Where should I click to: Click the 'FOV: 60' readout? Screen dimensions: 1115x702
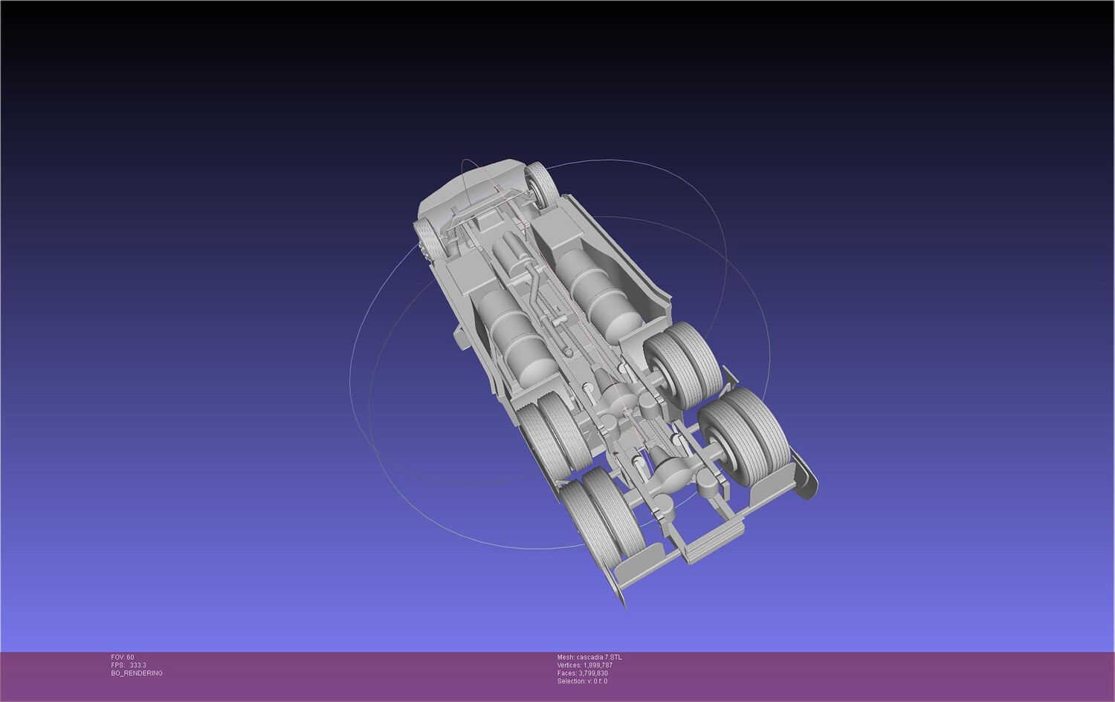(123, 657)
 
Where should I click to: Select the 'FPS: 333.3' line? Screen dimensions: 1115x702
(129, 665)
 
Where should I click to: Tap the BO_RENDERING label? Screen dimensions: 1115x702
(137, 673)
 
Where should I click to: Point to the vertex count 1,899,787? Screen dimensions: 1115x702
(598, 665)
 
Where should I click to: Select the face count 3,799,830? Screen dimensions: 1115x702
(593, 673)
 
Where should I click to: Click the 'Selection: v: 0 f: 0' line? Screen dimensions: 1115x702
(582, 681)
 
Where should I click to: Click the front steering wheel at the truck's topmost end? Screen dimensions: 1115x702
(542, 186)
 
